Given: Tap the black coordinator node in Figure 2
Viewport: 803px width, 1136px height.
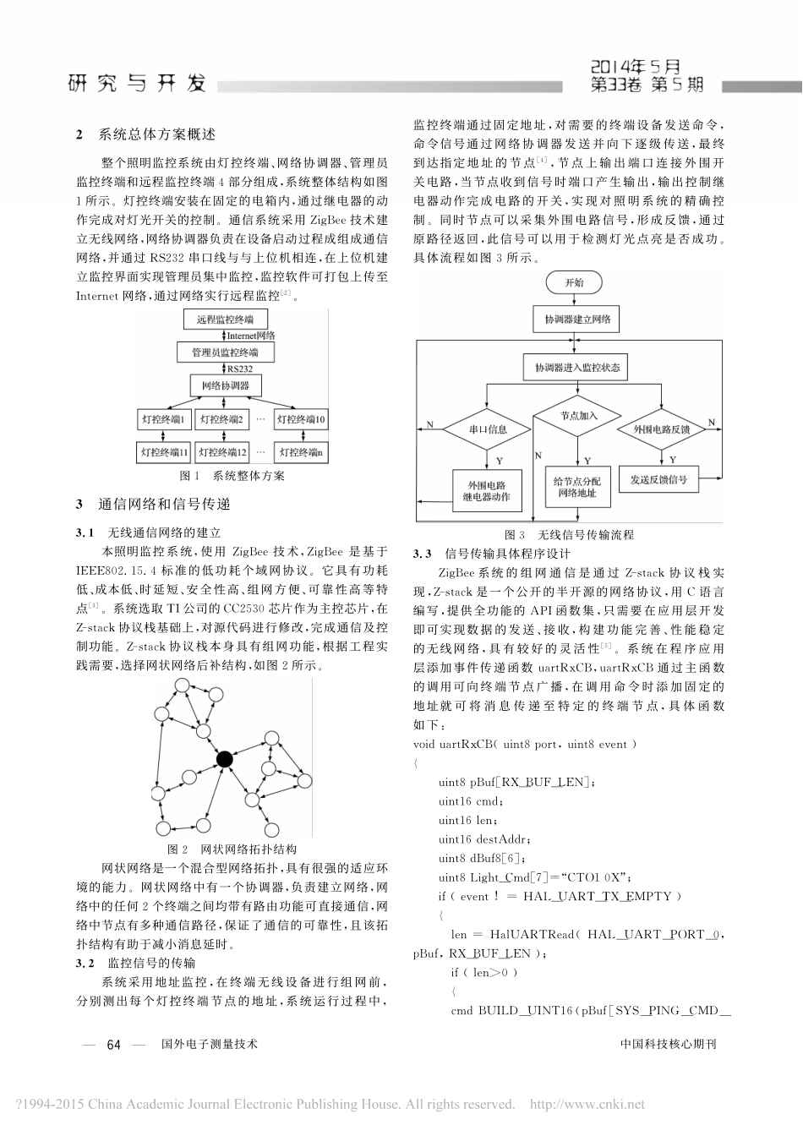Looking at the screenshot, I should [224, 759].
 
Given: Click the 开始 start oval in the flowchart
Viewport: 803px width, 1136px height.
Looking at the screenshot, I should [574, 282].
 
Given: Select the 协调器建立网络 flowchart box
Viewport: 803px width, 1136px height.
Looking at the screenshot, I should [573, 320].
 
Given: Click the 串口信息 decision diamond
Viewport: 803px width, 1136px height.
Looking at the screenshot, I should [488, 429].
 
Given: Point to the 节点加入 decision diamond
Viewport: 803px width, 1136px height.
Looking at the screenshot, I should [579, 416].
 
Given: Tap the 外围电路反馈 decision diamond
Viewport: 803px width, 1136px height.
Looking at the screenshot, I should [662, 429].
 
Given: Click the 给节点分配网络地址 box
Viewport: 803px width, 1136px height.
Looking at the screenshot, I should [575, 487].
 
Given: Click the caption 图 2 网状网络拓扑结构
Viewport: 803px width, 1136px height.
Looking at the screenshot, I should [232, 849].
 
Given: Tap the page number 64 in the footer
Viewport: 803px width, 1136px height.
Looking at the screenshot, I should [115, 1045].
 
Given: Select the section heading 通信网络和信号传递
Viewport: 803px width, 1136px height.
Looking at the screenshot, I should [163, 505].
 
